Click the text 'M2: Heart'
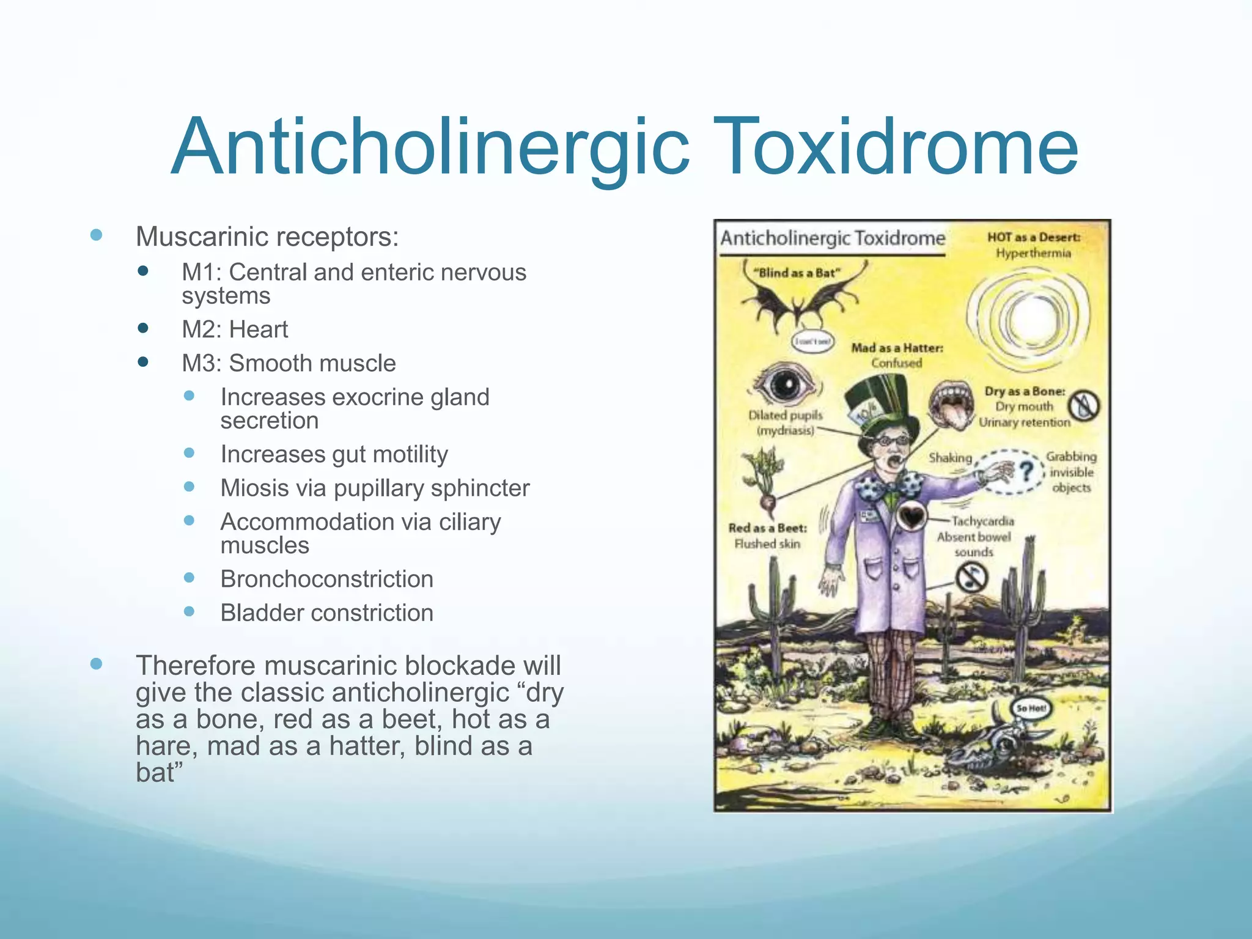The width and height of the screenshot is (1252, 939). tap(235, 330)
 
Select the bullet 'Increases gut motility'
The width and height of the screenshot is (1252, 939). tap(334, 454)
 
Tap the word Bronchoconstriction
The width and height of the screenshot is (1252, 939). tap(327, 579)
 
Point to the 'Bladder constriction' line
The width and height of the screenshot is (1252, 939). tap(327, 613)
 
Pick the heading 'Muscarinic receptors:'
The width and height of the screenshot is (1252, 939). tap(267, 237)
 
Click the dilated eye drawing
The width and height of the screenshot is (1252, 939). tap(785, 385)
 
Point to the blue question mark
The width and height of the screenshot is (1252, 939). tap(1027, 472)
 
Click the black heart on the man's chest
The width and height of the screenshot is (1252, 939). tap(911, 517)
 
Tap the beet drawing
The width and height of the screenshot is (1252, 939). tap(764, 483)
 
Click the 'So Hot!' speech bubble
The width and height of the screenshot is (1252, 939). tap(1031, 709)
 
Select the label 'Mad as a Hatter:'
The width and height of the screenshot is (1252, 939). tap(897, 348)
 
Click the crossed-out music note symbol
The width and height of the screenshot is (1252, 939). tap(971, 577)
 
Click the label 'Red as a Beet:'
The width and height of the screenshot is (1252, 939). tap(767, 528)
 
